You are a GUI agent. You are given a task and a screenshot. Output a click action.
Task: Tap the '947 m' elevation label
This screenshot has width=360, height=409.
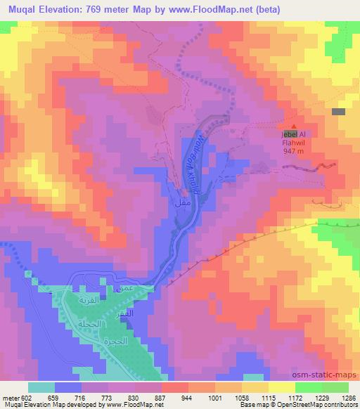pos(294,150)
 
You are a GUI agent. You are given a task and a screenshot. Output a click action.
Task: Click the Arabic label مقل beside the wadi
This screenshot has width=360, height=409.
pos(180,201)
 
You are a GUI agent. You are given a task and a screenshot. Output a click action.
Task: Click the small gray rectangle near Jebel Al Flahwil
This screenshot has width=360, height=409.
pos(338,112)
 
